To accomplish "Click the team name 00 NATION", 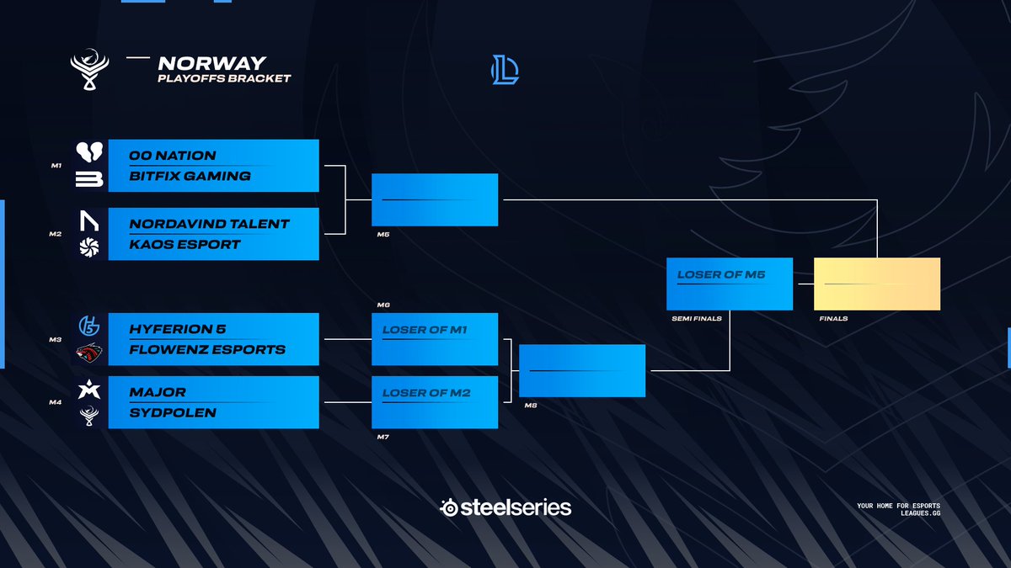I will coord(173,156).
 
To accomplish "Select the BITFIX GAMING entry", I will coord(190,176).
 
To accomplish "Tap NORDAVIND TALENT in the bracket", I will coord(209,224).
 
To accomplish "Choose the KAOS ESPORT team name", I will coord(185,244).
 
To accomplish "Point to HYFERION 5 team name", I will coord(178,329).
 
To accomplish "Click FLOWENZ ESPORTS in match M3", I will coord(207,349).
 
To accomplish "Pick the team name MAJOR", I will coord(158,392).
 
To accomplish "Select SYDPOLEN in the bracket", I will coord(173,412).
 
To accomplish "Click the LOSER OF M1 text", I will coord(426,330).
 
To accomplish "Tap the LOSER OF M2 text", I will coord(426,393).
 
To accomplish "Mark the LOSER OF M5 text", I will coord(721,274).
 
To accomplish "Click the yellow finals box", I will coord(876,284).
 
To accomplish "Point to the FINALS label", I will coord(833,319).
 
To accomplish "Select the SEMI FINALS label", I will coord(696,319).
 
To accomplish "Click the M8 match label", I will coord(530,406).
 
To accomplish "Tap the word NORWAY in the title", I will coord(211,63).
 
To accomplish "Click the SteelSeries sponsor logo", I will coord(505,507).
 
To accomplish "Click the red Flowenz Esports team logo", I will coord(89,352).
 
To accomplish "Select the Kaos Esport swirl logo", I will coord(89,246).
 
